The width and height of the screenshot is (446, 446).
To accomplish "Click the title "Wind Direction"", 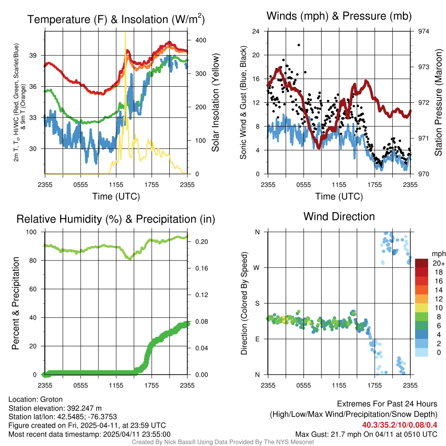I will point(339,216).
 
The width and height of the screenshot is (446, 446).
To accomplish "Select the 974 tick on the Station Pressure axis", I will point(424,31).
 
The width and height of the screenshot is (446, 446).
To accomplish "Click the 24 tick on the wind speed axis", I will point(257,31).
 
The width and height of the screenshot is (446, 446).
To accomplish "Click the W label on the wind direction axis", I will point(257,267).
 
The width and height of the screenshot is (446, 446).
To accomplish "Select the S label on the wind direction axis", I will point(257,303).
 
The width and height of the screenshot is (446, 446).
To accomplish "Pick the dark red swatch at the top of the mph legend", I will point(422,263).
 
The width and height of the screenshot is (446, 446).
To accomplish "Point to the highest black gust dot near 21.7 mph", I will point(299,45).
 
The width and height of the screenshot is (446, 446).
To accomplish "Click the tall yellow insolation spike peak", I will point(125,33).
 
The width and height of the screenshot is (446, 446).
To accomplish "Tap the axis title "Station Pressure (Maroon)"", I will point(439,103).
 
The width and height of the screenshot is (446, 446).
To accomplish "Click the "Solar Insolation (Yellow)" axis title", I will point(215,103).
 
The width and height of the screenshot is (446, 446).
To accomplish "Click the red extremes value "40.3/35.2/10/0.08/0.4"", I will point(399,425).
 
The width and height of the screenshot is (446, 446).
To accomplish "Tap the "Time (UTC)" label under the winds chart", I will point(339,196).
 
